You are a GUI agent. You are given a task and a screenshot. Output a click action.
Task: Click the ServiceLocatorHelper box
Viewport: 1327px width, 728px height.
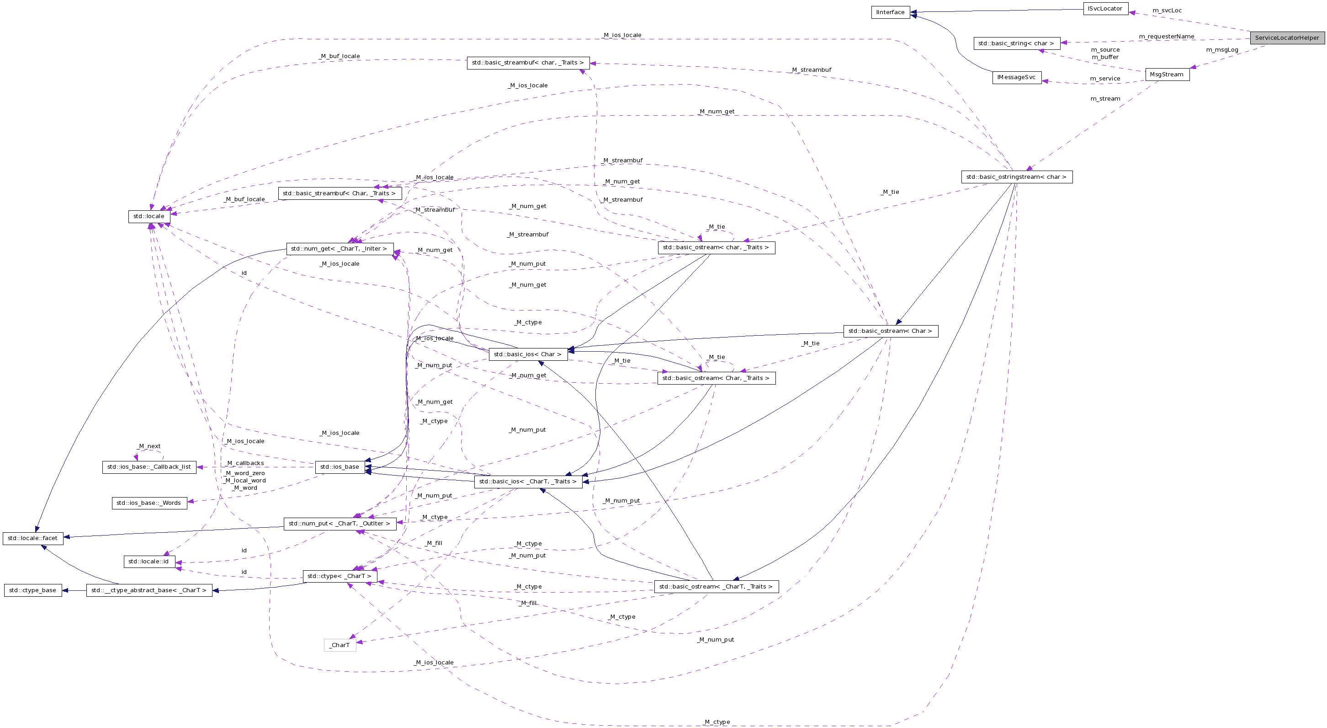[x=1287, y=37]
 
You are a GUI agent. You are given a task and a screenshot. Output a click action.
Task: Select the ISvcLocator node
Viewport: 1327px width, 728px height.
[x=1105, y=9]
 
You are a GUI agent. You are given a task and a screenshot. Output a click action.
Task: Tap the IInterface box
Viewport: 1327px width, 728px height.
[x=891, y=12]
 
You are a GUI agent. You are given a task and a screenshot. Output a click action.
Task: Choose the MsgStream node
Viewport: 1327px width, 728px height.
[x=1167, y=74]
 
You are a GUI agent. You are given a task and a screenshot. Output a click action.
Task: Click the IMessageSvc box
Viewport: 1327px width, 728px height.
[x=1016, y=77]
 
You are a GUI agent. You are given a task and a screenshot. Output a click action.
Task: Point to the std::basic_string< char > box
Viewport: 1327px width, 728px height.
[x=1016, y=43]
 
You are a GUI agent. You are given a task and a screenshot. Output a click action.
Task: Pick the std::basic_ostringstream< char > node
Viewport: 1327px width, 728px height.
[x=1016, y=177]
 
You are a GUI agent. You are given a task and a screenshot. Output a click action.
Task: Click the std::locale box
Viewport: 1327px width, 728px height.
[x=149, y=216]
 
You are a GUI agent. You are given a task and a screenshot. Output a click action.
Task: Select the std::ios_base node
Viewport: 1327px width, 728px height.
[x=340, y=466]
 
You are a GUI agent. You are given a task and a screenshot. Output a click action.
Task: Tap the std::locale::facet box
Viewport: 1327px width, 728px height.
[x=33, y=538]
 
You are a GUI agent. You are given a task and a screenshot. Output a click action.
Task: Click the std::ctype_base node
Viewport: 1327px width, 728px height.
[x=33, y=590]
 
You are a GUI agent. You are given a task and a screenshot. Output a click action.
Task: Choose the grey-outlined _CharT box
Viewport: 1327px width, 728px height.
[x=340, y=645]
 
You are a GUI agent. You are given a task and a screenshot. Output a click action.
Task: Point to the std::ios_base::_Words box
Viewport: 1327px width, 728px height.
[x=149, y=503]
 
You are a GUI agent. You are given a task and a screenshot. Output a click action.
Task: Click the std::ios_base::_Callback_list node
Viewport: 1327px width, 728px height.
[x=149, y=466]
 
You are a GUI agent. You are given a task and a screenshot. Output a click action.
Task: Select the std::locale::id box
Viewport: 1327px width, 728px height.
[x=149, y=561]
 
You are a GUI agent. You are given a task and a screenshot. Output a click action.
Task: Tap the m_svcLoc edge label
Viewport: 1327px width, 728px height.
[x=1167, y=11]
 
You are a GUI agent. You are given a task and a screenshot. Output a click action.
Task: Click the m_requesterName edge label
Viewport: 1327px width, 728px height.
[x=1166, y=37]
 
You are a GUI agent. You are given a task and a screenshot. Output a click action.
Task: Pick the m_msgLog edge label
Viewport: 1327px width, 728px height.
[x=1222, y=50]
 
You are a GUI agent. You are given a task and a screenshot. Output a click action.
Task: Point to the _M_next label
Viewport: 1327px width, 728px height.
[x=149, y=446]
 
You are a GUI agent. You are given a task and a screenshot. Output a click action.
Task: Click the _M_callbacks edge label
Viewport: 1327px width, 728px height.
[x=245, y=463]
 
